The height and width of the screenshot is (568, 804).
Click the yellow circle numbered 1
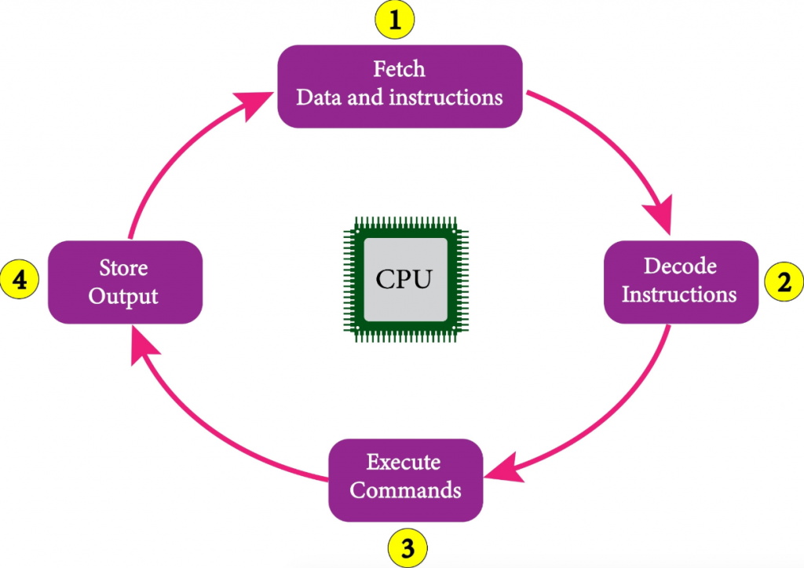pos(397,19)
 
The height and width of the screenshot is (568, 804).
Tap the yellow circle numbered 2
pos(784,282)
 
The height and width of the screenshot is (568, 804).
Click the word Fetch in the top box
pos(399,69)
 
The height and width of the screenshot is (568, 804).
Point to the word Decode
pos(680,266)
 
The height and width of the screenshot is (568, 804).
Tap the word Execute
pos(404,462)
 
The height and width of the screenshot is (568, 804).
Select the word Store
pos(123,268)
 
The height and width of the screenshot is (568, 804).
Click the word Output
pos(123,296)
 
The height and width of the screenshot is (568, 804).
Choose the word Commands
pos(405,490)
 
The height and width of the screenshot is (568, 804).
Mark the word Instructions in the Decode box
pos(680,295)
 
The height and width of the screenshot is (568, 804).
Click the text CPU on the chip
pos(404,279)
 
